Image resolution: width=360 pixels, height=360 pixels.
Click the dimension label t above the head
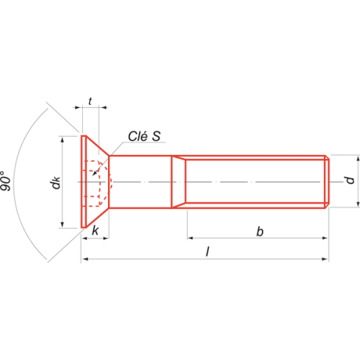pos(90,102)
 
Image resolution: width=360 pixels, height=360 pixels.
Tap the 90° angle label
pos(6,181)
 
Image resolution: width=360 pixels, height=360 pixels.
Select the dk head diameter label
pos(55,182)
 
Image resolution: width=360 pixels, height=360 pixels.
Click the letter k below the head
pos(95,230)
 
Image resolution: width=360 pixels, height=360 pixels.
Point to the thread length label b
pos(260,232)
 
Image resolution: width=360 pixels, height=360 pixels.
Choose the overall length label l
pos(208,252)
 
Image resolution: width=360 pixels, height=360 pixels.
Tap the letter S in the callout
pos(156,136)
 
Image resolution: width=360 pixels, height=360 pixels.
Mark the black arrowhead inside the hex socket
pos(94,174)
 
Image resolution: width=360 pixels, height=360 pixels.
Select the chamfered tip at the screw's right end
pos(327,181)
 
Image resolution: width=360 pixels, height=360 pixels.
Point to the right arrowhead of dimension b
pos(325,238)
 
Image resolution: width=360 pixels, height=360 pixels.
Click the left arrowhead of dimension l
pos(85,259)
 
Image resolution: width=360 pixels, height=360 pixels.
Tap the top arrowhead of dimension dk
pos(62,140)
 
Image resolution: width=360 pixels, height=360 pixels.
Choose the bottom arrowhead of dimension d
pos(358,204)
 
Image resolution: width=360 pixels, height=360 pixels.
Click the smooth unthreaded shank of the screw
pos(140,181)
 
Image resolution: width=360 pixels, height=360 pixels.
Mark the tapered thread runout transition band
pos(179,181)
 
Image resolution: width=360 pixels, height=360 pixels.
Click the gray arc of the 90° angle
pos(14,182)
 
